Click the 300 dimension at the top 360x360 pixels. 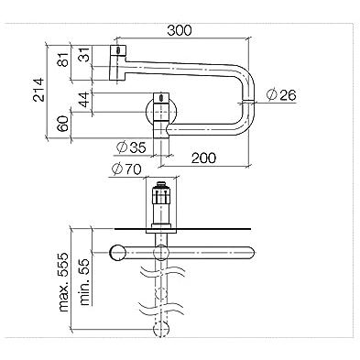180,30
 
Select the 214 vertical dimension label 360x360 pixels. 38,90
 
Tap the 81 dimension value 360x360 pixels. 63,59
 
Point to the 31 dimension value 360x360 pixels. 84,54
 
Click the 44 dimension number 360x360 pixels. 84,99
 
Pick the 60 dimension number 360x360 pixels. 63,124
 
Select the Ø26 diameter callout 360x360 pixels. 281,95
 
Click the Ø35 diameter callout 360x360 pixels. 131,147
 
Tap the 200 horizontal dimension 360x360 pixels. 203,158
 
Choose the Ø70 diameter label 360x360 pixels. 126,169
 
